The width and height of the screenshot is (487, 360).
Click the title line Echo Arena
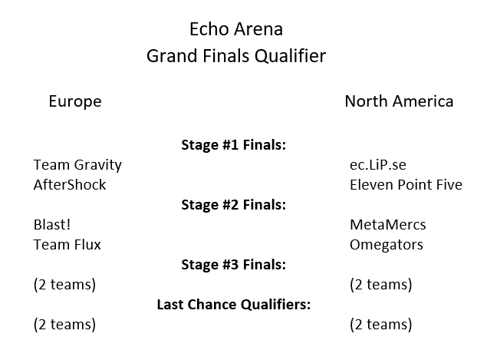coord(236,29)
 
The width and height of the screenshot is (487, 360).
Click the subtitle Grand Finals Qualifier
coord(236,56)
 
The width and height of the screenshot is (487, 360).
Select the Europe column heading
coord(75,101)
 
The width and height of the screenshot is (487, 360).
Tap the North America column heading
coord(399,101)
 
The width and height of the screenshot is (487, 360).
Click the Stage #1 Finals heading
coord(234,145)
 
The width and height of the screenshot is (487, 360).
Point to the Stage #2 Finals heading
coord(234,205)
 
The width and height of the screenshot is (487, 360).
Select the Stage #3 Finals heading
coord(234,265)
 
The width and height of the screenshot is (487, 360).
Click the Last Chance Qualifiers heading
coord(234,305)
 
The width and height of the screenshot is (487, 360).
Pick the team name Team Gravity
coord(77,165)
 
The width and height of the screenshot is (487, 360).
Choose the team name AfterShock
coord(70,185)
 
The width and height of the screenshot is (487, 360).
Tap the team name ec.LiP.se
coord(377,165)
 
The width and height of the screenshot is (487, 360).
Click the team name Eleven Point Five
coord(406,185)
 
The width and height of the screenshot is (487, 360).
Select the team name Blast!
coord(52,224)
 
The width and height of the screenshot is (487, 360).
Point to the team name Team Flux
coord(67,245)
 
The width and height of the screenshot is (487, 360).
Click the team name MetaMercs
coord(387,224)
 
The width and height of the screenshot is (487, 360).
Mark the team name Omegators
coord(386,245)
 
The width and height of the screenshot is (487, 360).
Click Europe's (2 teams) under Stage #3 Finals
coord(64,285)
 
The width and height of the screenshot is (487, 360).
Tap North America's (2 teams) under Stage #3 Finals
coord(380,285)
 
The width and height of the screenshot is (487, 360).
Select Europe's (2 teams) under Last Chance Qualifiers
coord(64,325)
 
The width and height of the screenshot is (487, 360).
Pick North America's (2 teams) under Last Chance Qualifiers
coord(380,325)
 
